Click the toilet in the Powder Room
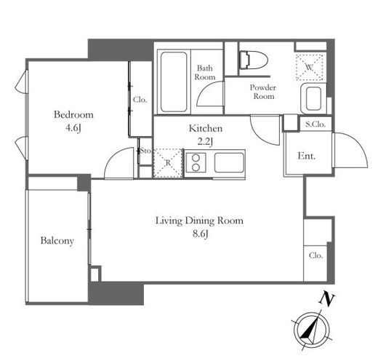(253, 60)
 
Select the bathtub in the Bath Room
(174, 82)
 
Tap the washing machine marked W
(309, 67)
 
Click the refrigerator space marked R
(168, 163)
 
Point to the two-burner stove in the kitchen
(196, 162)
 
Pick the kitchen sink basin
(229, 162)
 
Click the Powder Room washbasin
(313, 98)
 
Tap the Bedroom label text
(73, 114)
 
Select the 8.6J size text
(200, 234)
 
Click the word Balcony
(57, 241)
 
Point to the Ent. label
(307, 156)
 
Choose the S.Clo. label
(315, 124)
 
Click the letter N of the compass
(327, 300)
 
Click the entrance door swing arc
(359, 145)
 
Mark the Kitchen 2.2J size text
(205, 142)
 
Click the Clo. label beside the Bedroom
(140, 100)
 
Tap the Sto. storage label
(145, 151)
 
